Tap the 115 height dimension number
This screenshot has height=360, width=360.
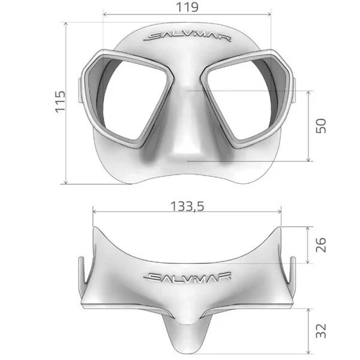[58, 103]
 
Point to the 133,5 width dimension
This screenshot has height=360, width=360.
[187, 206]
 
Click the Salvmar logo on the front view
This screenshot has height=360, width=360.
[187, 37]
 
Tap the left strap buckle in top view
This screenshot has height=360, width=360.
[80, 273]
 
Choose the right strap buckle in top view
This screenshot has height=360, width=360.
[293, 273]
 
